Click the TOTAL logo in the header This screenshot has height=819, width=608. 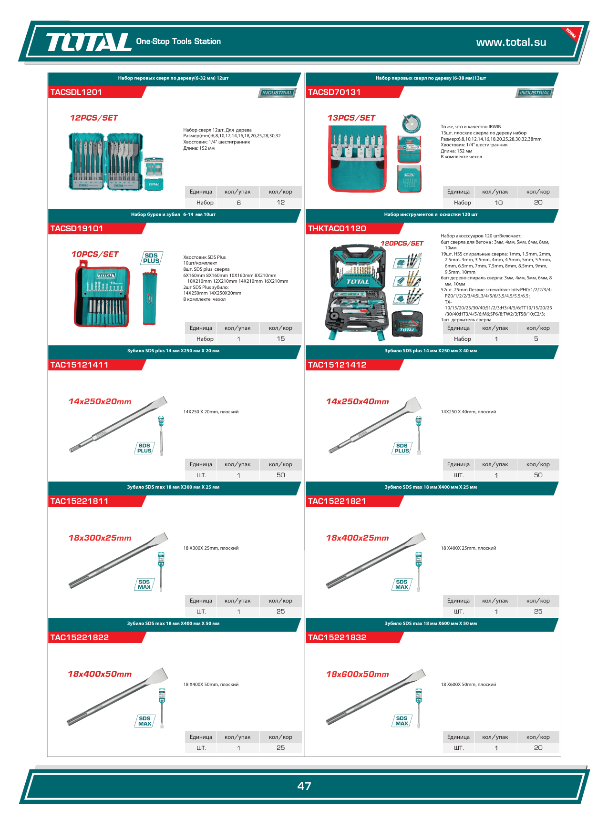coord(89,42)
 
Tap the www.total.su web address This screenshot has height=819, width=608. coord(511,42)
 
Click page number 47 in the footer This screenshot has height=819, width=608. coord(304,786)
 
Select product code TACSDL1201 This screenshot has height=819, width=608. coord(76,92)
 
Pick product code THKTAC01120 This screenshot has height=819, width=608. coord(337,228)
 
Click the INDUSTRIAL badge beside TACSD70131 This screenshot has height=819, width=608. coord(535,93)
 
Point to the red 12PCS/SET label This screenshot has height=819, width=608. coord(94,118)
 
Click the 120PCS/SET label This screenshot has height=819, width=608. coord(402,243)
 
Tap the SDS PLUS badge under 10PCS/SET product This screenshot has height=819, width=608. coord(152,258)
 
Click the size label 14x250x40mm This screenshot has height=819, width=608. coord(358,401)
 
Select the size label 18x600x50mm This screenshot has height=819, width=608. coord(358,674)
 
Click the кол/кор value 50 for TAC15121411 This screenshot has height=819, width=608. coord(281,475)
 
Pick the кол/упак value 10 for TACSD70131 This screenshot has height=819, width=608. coord(499,203)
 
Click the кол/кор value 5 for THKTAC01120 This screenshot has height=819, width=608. coord(536,339)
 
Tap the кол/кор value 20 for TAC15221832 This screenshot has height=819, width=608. coord(538,748)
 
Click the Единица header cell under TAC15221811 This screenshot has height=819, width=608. coord(201,601)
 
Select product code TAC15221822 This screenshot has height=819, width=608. coord(80,637)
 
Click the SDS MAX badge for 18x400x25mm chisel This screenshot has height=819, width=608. coord(402,584)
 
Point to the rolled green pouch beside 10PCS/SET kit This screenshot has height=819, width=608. coord(149,297)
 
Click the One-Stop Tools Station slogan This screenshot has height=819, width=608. coord(178,41)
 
